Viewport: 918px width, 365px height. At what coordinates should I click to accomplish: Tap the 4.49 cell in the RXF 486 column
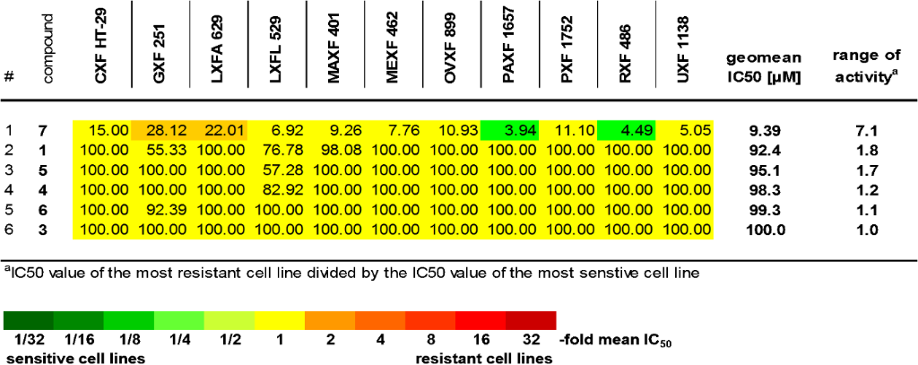point(626,131)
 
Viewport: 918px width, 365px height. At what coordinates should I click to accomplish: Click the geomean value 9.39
point(763,131)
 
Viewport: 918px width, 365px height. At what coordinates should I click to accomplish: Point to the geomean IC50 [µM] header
point(763,68)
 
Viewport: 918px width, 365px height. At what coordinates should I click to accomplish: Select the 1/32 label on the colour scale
point(28,340)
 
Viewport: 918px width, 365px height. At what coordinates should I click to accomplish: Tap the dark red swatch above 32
point(530,321)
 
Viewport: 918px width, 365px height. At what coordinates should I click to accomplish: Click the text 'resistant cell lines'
point(484,357)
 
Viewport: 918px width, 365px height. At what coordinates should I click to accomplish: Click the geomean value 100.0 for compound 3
point(763,230)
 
